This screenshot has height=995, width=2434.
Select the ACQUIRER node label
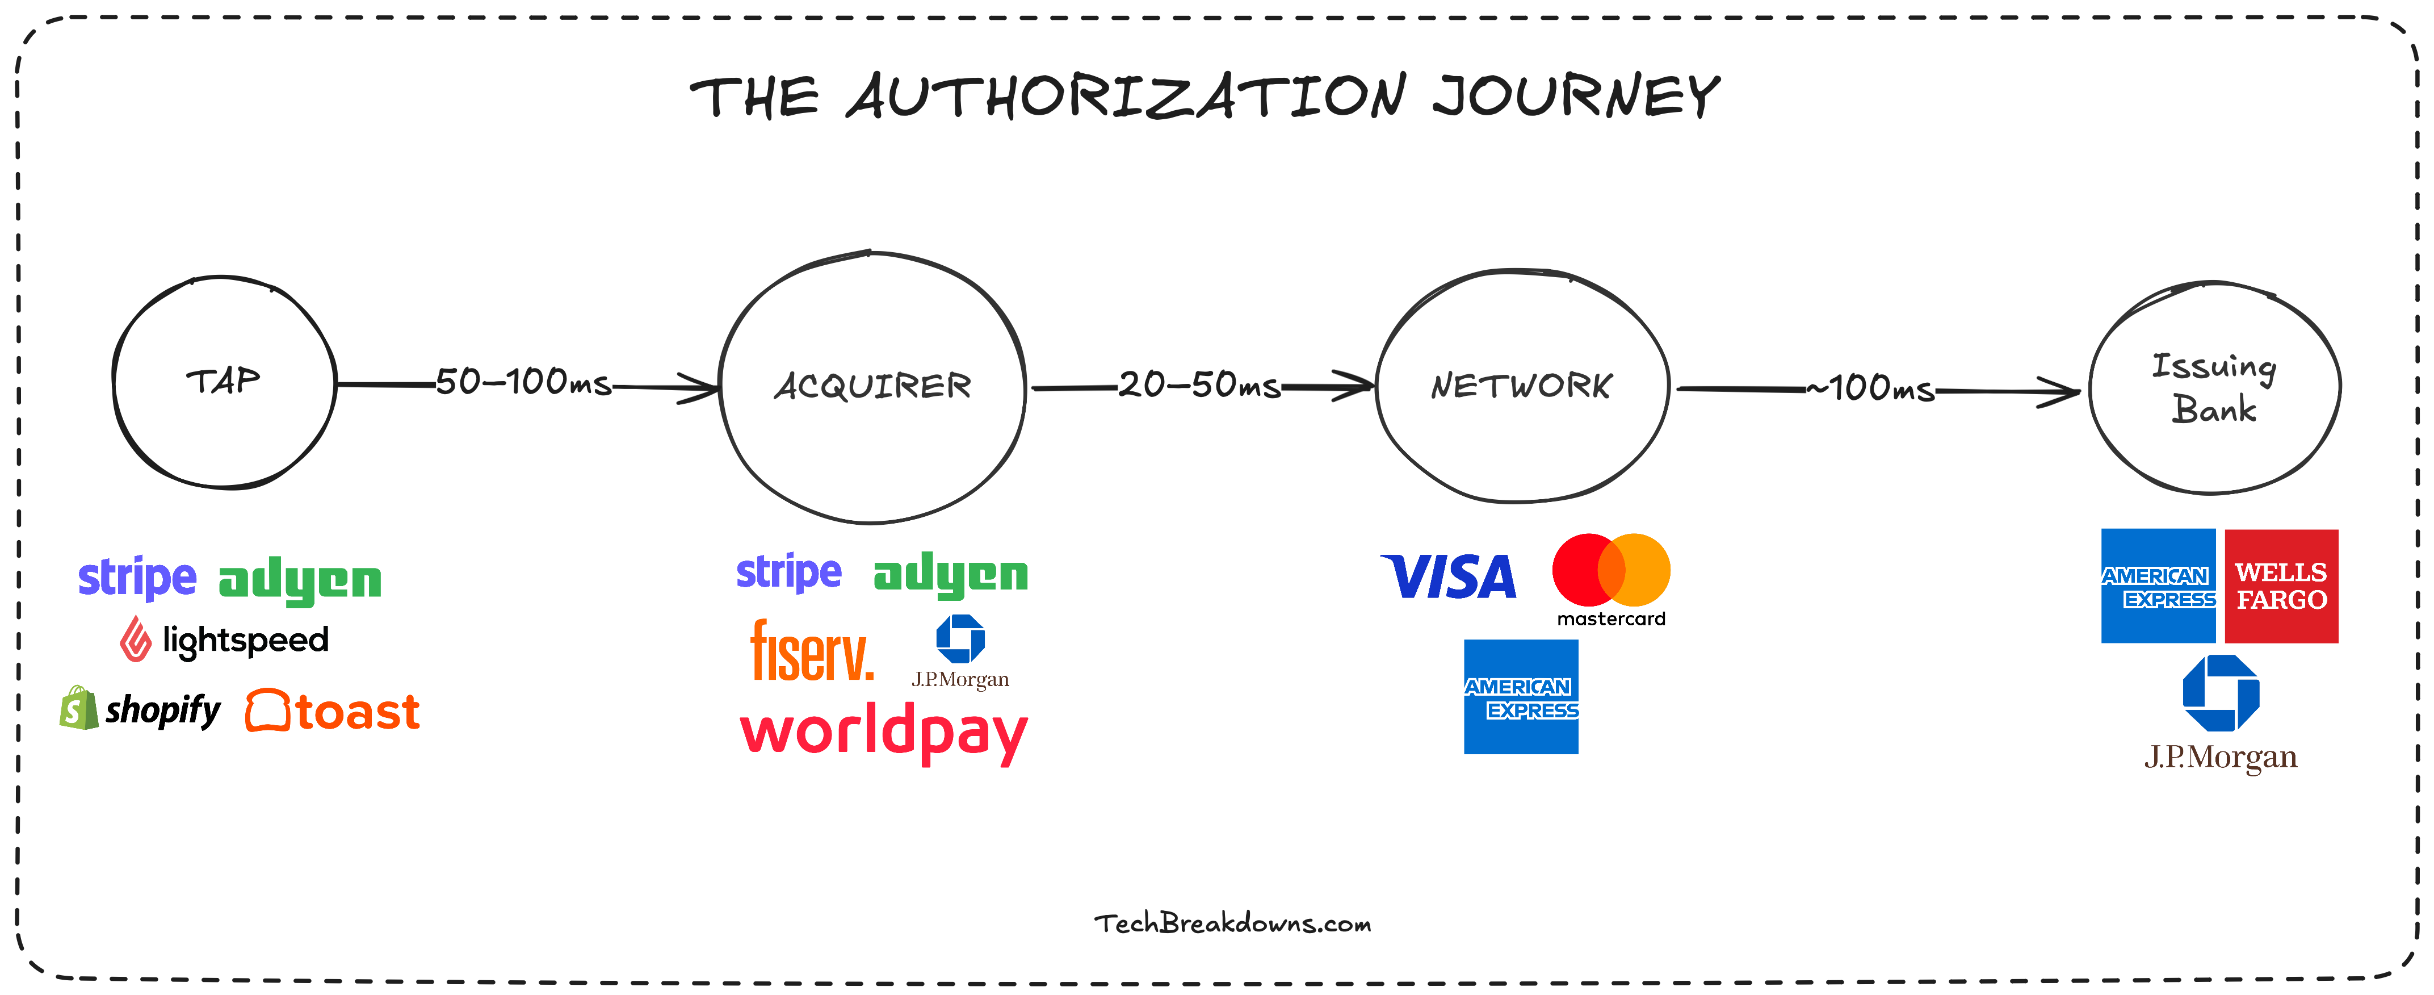tap(872, 386)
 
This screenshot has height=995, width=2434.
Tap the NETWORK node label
tap(1521, 386)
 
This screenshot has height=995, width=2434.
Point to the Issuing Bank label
tap(2214, 387)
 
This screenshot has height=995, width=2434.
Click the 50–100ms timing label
tap(523, 382)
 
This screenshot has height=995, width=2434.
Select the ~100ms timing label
tap(1871, 387)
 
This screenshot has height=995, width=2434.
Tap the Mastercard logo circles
tap(1611, 570)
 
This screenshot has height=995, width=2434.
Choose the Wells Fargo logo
tap(2281, 586)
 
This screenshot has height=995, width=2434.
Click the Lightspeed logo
tap(225, 639)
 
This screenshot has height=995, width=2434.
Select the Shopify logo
tap(140, 709)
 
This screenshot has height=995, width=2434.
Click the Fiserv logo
tap(812, 650)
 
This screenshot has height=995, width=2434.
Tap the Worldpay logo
tap(883, 732)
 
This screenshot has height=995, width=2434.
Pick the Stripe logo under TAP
tap(137, 578)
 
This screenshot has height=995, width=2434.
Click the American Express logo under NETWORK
tap(1520, 696)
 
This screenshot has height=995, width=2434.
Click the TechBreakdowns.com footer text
tap(1232, 923)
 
